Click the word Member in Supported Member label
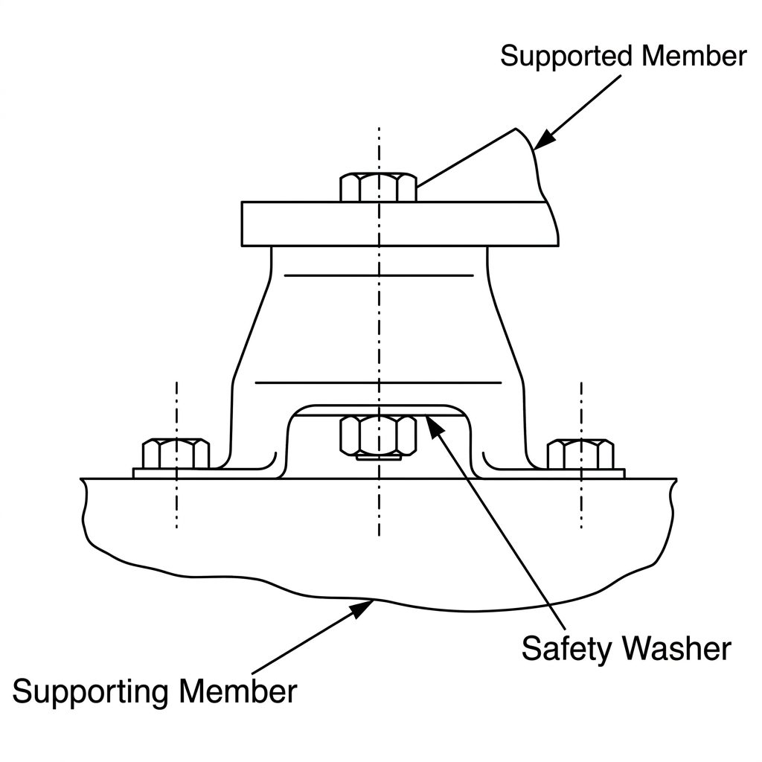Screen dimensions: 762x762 tap(694, 56)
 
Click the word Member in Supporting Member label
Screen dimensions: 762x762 tap(237, 691)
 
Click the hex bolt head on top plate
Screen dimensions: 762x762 tap(378, 187)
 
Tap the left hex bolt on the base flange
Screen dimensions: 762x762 tap(176, 454)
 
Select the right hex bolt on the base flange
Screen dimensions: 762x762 tap(580, 454)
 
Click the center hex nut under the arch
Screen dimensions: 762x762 tap(378, 435)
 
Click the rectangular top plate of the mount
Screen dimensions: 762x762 tap(400, 224)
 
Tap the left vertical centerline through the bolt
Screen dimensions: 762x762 tap(176, 455)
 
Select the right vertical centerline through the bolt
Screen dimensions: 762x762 tap(581, 455)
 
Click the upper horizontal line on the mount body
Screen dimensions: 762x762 tap(379, 275)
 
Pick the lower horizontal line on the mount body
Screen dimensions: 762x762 tap(378, 383)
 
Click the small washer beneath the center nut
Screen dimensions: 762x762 tap(379, 458)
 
